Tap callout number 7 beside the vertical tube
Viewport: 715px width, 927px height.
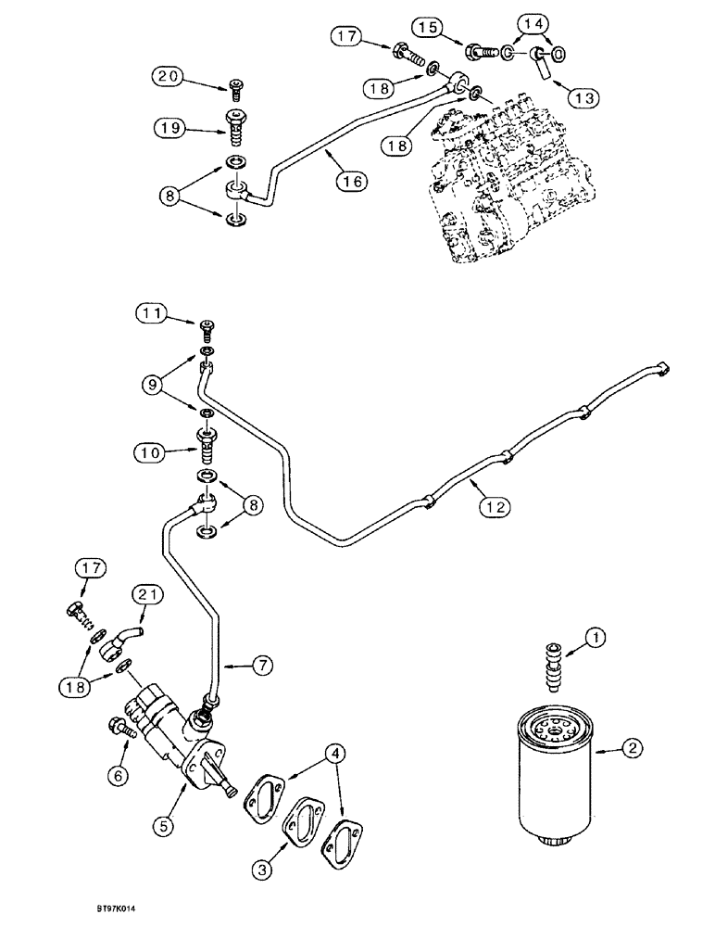262,664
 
